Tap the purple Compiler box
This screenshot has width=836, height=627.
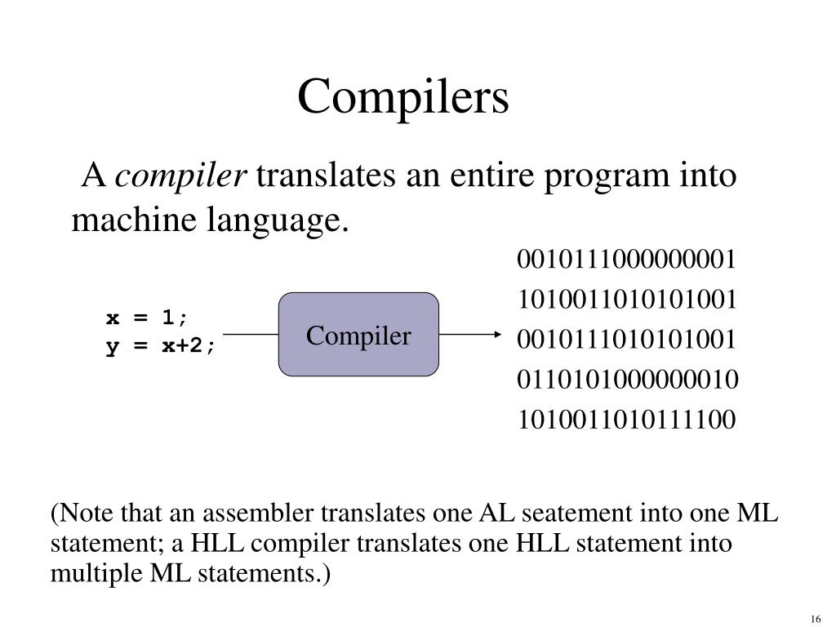pyautogui.click(x=359, y=335)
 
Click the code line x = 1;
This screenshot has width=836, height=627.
pyautogui.click(x=147, y=317)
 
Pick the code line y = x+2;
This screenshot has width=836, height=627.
pyautogui.click(x=162, y=346)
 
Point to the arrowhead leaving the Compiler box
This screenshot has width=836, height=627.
pyautogui.click(x=495, y=335)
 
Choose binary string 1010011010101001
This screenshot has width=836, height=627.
pyautogui.click(x=627, y=300)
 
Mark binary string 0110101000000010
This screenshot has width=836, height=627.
pyautogui.click(x=627, y=380)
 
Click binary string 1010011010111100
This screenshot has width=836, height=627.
pyautogui.click(x=627, y=420)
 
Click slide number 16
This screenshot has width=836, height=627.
pyautogui.click(x=816, y=616)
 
